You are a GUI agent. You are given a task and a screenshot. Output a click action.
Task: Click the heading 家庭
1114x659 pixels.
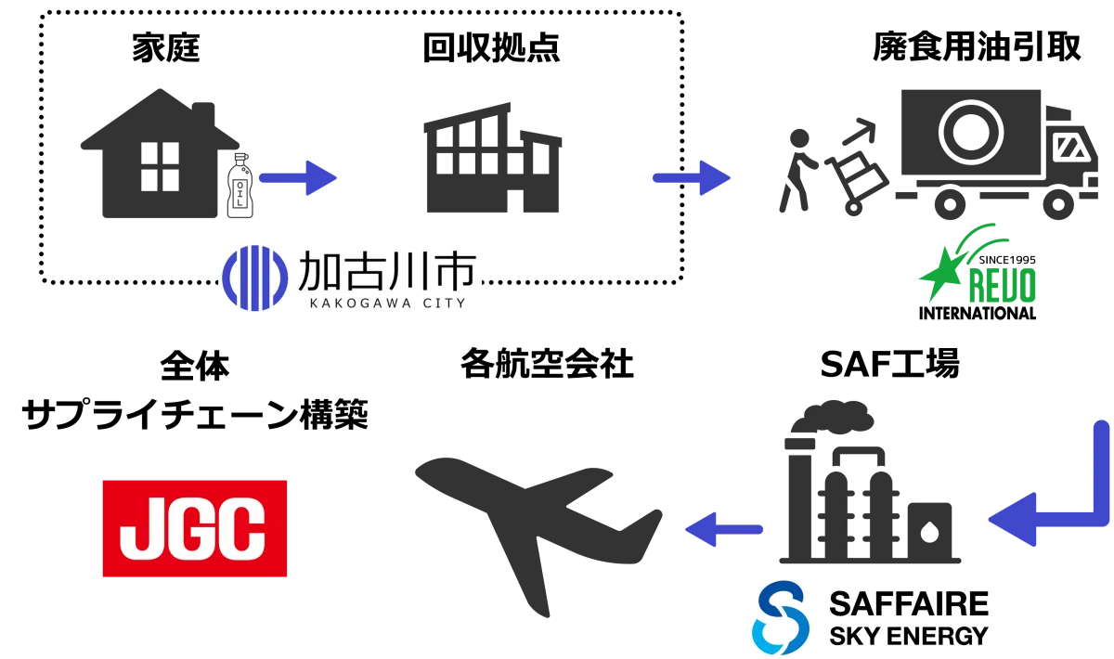166,47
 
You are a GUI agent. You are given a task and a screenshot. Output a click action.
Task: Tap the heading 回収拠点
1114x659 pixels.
491,47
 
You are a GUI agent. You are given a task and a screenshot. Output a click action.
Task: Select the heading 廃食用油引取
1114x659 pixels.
977,46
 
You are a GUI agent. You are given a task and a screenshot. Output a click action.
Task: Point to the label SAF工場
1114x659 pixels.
889,364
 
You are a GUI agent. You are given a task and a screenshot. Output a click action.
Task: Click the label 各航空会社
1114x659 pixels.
547,364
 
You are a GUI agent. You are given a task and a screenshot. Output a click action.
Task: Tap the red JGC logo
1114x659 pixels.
194,528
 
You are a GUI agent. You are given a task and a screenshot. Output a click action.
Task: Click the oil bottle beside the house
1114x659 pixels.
240,186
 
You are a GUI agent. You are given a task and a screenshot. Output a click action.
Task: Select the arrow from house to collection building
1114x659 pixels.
298,177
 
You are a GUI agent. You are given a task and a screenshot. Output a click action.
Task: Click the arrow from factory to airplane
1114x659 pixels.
723,529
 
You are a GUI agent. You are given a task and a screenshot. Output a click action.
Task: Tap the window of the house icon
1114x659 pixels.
160,167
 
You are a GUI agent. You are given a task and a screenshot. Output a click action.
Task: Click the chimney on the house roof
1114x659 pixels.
203,114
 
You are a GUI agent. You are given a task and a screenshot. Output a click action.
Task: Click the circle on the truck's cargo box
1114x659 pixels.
971,133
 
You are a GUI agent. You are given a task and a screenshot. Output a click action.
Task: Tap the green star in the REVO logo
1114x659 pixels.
941,273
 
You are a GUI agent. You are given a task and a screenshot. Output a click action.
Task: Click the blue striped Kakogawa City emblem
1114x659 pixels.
254,278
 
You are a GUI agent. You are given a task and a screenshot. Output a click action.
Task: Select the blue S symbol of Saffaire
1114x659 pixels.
780,617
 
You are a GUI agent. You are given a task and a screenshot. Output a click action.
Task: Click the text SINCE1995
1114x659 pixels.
1007,260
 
